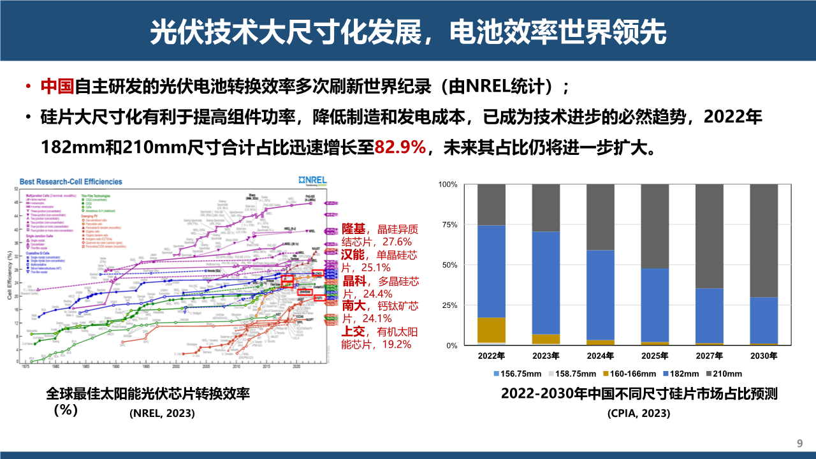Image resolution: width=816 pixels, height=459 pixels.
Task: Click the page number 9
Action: click(x=800, y=444)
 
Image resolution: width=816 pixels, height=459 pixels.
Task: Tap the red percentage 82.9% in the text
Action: click(x=400, y=148)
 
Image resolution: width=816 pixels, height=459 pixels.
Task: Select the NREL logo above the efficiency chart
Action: click(x=312, y=180)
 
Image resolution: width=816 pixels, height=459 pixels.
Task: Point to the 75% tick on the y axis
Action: click(x=449, y=225)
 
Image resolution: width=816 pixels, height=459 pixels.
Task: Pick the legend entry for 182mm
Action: click(x=685, y=374)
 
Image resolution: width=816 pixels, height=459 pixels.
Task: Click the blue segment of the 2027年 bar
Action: click(x=709, y=316)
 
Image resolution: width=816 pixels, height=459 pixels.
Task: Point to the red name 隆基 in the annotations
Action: click(x=354, y=229)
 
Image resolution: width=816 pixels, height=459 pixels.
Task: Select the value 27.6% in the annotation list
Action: click(x=397, y=242)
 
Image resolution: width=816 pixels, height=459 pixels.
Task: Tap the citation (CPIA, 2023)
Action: click(x=639, y=413)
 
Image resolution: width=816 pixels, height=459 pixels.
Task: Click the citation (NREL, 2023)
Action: click(x=163, y=413)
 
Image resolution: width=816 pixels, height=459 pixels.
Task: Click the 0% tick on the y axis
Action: click(x=451, y=346)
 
